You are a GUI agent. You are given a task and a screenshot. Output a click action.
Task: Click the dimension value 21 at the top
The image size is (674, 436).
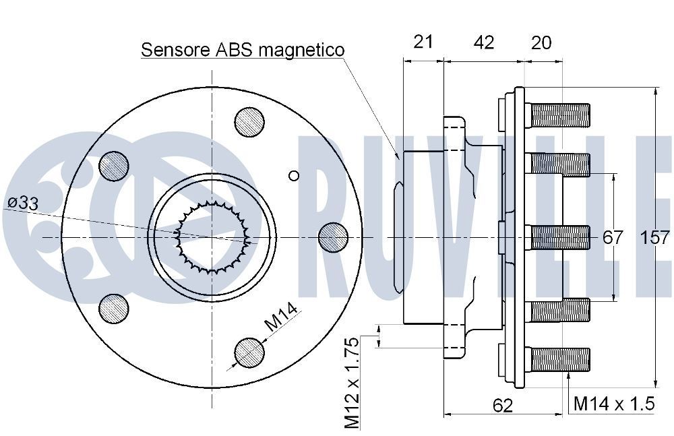pyautogui.click(x=423, y=42)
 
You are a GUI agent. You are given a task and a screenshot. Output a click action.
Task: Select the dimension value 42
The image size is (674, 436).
pyautogui.click(x=484, y=42)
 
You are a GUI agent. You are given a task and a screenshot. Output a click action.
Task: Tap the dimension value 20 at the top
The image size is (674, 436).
pyautogui.click(x=541, y=42)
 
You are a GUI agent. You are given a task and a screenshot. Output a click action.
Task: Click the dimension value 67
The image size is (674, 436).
pyautogui.click(x=613, y=237)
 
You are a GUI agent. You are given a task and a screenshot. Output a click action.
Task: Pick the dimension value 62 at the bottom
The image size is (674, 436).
pyautogui.click(x=503, y=405)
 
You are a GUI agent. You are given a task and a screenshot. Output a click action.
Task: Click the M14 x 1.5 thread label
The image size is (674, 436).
pyautogui.click(x=614, y=404)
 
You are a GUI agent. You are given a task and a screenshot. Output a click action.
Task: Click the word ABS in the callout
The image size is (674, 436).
pyautogui.click(x=232, y=50)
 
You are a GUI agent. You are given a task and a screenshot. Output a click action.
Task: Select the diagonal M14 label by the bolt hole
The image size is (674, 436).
pyautogui.click(x=280, y=317)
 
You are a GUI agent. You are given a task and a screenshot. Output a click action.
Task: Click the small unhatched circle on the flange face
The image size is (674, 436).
pyautogui.click(x=293, y=176)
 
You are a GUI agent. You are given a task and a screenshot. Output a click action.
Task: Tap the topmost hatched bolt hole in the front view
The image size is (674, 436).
pyautogui.click(x=249, y=122)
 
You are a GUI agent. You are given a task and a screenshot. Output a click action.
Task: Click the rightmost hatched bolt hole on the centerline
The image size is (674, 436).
pyautogui.click(x=332, y=237)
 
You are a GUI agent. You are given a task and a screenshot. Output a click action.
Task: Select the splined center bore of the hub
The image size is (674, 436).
pyautogui.click(x=212, y=237)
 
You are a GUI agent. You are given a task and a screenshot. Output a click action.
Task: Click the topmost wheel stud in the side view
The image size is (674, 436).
pyautogui.click(x=560, y=114)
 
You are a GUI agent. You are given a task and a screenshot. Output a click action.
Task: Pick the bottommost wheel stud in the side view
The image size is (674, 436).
pyautogui.click(x=560, y=359)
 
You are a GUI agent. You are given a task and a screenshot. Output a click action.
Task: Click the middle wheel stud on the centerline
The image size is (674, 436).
pyautogui.click(x=560, y=237)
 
